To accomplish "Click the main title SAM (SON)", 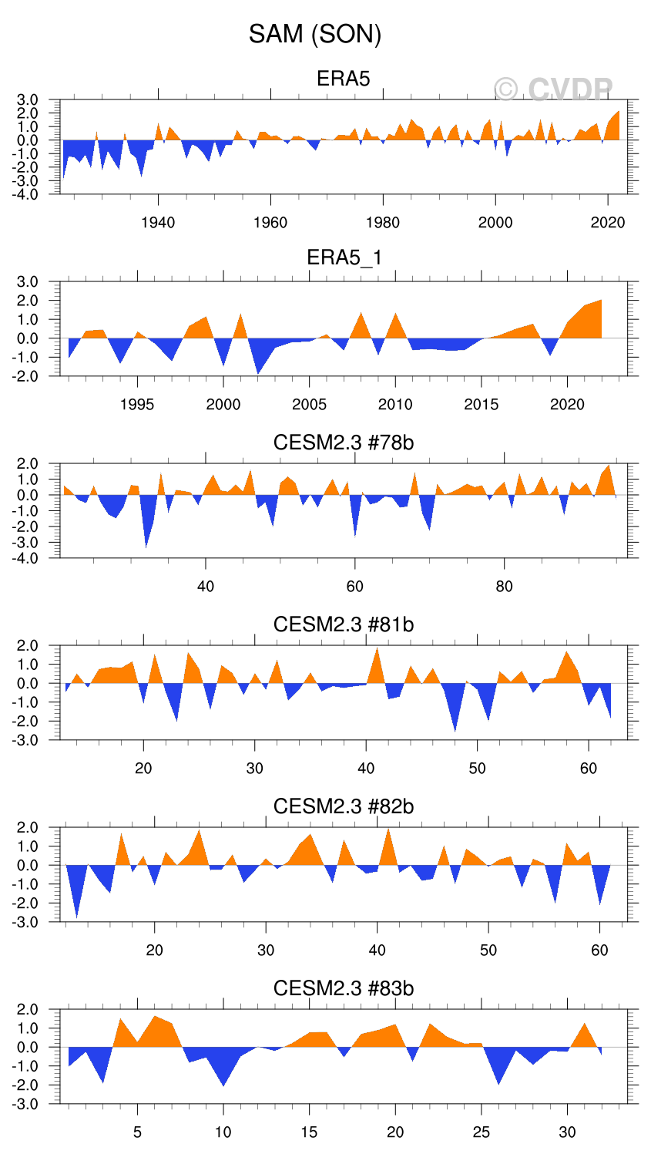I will coord(315,34).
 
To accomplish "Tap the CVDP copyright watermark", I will coord(553,90).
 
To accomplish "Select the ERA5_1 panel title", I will coord(344,257).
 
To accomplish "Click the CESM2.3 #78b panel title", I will coord(344,443).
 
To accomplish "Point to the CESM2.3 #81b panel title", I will coord(344,624).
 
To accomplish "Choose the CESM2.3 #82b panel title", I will coord(344,806).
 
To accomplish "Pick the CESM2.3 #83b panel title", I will coord(344,988).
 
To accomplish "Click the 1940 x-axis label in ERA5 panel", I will coord(158,223).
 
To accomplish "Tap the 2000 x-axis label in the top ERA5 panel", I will coord(495,223).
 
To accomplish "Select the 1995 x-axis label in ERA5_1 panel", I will coord(137,405).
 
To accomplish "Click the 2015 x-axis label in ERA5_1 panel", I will coord(481,405).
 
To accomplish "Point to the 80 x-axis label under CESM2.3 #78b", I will coord(504,587).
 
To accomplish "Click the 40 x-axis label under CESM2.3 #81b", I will coord(366,769).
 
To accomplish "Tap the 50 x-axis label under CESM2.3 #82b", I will coord(488,951).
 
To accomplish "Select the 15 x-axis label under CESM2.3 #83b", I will coord(309,1132).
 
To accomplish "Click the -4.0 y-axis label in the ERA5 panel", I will coord(29,194).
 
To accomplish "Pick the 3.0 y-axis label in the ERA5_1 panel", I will coord(29,282).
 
